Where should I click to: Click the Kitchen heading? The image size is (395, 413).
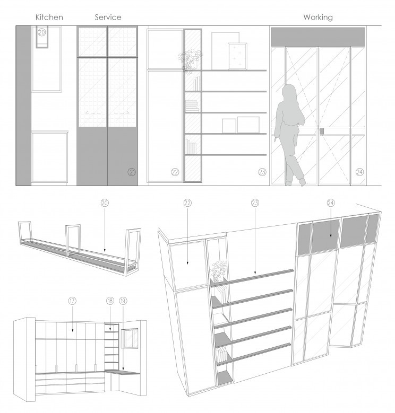(x=49, y=17)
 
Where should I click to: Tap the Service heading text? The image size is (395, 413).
(x=108, y=17)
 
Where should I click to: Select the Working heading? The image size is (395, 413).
(x=318, y=17)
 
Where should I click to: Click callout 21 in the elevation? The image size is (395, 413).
(x=132, y=172)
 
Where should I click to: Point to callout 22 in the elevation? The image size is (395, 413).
(x=175, y=172)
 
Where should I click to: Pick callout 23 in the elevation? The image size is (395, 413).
(x=262, y=172)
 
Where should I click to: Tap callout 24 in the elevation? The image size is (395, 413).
(x=359, y=172)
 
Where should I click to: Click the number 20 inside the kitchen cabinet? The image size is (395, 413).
(x=42, y=32)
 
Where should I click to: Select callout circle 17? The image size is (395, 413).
(x=72, y=301)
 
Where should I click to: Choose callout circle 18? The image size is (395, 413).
(x=110, y=301)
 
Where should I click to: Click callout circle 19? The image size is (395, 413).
(x=123, y=301)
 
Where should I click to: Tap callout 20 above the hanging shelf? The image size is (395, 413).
(x=105, y=203)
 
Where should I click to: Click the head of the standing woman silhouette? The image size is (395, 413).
(x=289, y=91)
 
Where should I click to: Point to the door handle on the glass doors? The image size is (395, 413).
(x=322, y=131)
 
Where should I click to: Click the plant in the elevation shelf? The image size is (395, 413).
(x=190, y=61)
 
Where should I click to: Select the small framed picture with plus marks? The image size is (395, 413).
(x=237, y=56)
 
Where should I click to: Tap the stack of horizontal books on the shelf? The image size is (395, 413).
(x=192, y=106)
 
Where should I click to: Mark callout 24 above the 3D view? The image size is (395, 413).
(x=331, y=203)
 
